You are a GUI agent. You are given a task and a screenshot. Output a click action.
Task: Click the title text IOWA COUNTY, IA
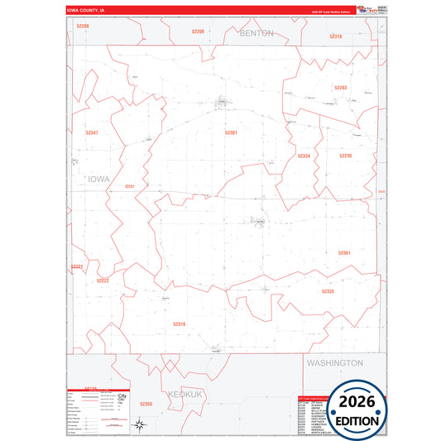pos(86,11)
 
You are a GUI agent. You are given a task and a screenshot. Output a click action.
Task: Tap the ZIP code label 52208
pos(82,26)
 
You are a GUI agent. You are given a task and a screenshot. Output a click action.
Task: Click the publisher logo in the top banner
pos(364,10)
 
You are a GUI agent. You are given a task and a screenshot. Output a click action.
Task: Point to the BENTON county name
pos(256,34)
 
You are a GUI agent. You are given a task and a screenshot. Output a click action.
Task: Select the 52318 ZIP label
pos(335,36)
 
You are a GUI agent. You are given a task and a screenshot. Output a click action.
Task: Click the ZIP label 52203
pos(340,87)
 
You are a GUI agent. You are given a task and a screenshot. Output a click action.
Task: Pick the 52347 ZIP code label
pos(91,132)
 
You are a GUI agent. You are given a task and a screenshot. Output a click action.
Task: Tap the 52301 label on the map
pos(231,132)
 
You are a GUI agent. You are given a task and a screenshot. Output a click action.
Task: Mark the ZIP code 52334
pos(304,156)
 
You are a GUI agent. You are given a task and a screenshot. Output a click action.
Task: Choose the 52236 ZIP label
pos(345,155)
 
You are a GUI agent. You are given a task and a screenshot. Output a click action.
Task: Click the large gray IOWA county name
pos(98,178)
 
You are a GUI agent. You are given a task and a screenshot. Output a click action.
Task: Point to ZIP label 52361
pos(344,252)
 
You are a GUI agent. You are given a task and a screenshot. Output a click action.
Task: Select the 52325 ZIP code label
pos(328,291)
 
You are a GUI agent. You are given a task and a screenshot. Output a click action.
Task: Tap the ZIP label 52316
pos(179,324)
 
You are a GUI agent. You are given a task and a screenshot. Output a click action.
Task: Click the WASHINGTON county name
pos(334,362)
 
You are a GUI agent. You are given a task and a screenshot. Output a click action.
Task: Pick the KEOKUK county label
pos(183,395)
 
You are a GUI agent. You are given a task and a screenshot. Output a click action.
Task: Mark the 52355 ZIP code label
pos(146,403)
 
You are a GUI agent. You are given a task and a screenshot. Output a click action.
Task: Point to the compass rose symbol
pos(141,426)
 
